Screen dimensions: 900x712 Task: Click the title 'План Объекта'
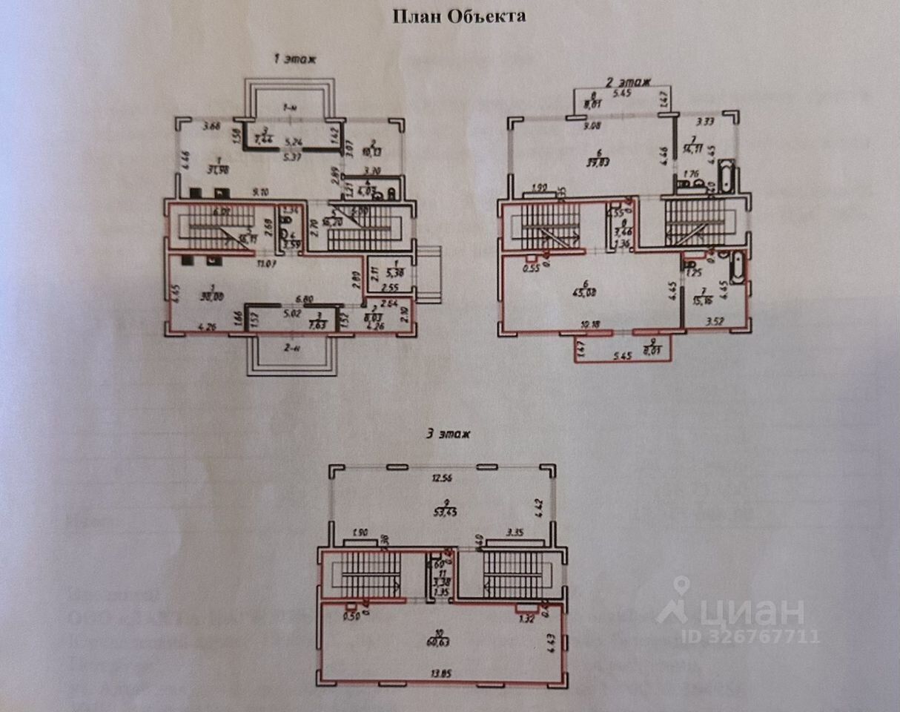coord(459,16)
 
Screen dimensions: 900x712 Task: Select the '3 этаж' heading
coord(449,433)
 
